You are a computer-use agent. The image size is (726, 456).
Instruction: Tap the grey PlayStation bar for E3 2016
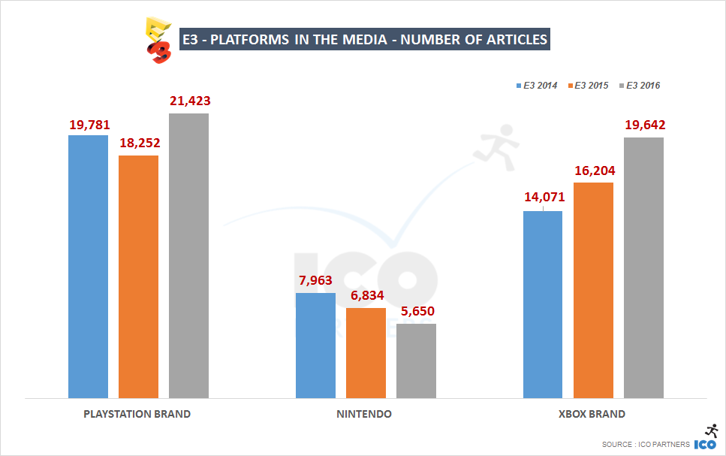(x=188, y=255)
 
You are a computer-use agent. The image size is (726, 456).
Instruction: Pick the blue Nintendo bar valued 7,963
(x=315, y=346)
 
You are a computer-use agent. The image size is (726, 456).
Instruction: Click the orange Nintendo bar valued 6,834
(x=366, y=353)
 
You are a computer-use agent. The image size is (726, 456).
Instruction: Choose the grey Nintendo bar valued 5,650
(x=416, y=361)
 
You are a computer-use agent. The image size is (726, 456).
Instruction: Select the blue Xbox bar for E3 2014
(x=543, y=304)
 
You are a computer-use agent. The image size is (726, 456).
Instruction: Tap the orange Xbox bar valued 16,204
(x=593, y=290)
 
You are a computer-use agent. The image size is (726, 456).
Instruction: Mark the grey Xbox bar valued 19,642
(x=643, y=267)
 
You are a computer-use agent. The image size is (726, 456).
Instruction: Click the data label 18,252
(x=138, y=143)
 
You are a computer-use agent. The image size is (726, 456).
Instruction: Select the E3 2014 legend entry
(x=536, y=86)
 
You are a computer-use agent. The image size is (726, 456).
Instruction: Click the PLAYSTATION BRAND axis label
(x=137, y=414)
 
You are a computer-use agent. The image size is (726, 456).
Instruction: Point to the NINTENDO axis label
(x=364, y=414)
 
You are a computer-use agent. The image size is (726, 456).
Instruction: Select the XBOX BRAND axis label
(x=592, y=414)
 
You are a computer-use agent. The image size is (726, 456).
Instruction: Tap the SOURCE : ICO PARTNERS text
(x=645, y=445)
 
